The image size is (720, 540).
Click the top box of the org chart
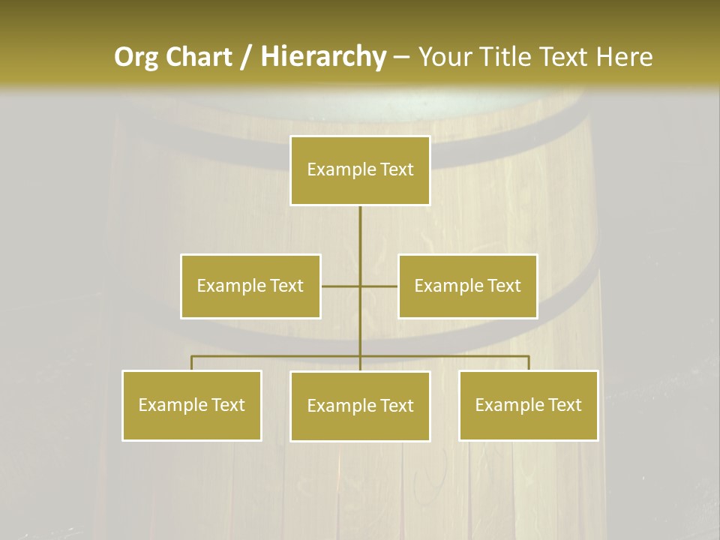(x=360, y=170)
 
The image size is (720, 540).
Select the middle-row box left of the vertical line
(x=250, y=286)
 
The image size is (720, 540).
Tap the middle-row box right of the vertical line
(x=467, y=286)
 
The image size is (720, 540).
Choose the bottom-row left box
(x=191, y=405)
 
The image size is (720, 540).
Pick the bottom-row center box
(x=360, y=406)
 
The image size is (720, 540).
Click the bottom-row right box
(x=528, y=405)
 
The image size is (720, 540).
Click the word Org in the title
(x=136, y=57)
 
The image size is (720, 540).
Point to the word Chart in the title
(x=198, y=57)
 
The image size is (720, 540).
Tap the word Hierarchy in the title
(x=322, y=57)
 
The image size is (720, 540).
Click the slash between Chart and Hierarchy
(x=246, y=57)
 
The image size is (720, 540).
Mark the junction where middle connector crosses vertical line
(x=360, y=286)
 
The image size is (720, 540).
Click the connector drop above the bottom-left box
(x=191, y=363)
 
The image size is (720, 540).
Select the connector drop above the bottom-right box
(x=528, y=363)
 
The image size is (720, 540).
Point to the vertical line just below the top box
(x=360, y=217)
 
